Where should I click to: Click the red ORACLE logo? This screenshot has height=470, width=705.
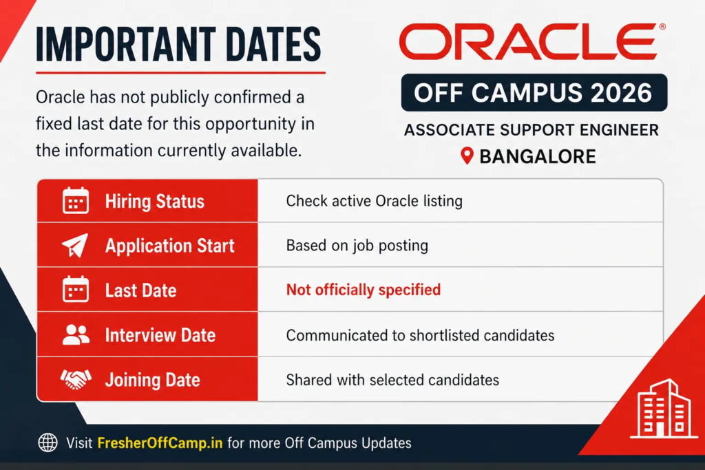click(532, 41)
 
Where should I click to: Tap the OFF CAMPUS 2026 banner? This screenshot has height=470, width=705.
click(534, 93)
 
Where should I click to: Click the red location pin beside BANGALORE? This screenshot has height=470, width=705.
click(467, 156)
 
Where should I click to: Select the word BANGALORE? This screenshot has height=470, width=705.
click(537, 156)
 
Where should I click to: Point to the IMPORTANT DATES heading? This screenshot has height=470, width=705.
click(178, 44)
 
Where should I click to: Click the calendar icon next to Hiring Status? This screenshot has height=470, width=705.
click(76, 200)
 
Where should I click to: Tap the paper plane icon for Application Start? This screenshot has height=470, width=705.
click(75, 246)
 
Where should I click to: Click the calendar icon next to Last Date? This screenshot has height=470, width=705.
click(76, 289)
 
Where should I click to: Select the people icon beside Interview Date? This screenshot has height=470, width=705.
click(76, 334)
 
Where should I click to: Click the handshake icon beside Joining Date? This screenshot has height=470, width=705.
click(76, 379)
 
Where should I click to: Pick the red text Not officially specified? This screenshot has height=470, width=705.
click(364, 290)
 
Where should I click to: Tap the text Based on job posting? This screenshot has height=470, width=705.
click(357, 246)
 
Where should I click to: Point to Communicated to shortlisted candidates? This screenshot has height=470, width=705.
click(420, 335)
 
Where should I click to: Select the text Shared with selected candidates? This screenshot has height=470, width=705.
click(392, 380)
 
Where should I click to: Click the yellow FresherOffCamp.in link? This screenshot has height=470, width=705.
click(160, 443)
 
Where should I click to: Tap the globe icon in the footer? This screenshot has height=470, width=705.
click(48, 442)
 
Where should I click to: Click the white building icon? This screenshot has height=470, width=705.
click(664, 409)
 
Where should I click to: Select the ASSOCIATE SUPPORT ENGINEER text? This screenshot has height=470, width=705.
click(532, 130)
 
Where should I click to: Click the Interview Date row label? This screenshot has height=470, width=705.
click(160, 335)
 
